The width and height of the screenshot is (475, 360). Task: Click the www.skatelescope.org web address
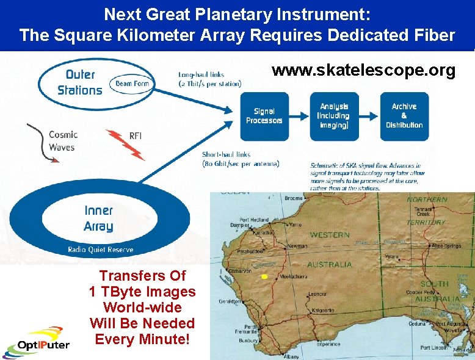(363, 71)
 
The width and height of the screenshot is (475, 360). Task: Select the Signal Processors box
(264, 116)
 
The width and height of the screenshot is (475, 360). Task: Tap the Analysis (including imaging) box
(334, 116)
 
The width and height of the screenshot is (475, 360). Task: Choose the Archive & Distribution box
(404, 116)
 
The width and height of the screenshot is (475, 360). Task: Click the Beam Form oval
(132, 84)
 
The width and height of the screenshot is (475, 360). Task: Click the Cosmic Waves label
(62, 141)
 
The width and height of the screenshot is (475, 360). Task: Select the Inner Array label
(98, 218)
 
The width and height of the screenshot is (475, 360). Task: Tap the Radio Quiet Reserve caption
(101, 250)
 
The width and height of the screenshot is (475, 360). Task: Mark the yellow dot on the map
(264, 277)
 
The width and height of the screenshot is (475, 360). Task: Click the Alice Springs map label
(446, 246)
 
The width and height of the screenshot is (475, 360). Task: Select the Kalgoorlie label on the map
(322, 311)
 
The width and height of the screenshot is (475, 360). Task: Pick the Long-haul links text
(209, 79)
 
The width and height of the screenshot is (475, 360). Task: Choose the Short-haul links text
(241, 159)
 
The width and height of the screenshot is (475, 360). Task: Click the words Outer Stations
(80, 82)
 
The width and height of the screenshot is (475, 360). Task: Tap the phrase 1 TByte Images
(142, 292)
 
